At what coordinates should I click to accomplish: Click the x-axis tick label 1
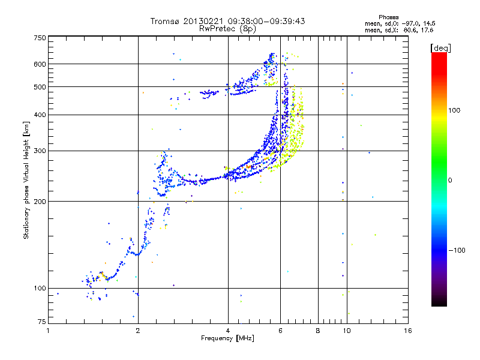[48, 331]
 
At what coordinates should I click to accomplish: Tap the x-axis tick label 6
[281, 331]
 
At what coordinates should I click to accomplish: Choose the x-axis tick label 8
[318, 331]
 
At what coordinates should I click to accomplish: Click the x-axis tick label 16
[408, 331]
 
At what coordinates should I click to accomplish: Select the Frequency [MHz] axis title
[227, 339]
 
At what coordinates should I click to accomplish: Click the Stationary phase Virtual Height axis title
[26, 180]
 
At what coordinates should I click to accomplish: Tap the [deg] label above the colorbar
[440, 47]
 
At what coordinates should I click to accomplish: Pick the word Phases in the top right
[390, 17]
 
